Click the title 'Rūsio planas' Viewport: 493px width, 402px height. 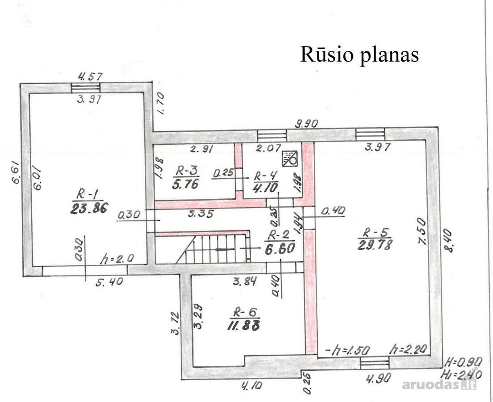(359, 54)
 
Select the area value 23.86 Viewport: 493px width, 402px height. (89, 208)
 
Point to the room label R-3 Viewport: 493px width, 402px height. (186, 172)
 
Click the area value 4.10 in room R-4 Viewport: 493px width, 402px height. (265, 188)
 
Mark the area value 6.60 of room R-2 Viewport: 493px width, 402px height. (279, 248)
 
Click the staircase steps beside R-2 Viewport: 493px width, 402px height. (217, 249)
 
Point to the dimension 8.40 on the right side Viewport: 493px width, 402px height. (447, 241)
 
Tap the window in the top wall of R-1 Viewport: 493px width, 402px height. (85, 88)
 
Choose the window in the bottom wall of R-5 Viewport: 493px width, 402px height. (375, 363)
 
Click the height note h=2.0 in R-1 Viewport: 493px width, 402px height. (117, 259)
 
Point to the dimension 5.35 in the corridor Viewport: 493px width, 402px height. (201, 214)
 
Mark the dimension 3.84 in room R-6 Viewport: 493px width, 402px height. (244, 281)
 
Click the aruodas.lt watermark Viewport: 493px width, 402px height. (439, 384)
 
